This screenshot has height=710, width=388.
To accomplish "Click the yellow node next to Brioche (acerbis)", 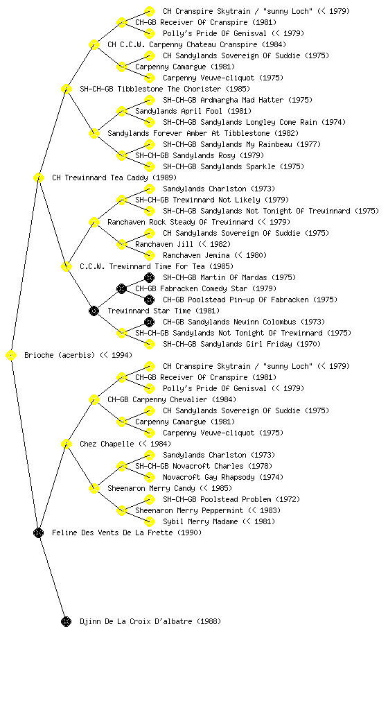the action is (11, 356).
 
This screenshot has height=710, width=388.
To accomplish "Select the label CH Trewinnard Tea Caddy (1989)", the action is (114, 177).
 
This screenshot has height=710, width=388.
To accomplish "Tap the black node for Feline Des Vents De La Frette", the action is (38, 533).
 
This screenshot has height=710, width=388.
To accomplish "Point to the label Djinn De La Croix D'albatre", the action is (150, 621).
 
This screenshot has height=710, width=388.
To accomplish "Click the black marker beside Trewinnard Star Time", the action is (94, 311).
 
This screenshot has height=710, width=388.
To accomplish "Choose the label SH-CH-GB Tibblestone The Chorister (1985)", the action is (165, 89).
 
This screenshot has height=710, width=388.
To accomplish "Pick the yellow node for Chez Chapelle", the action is (66, 444).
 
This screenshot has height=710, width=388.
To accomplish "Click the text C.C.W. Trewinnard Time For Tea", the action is (157, 266).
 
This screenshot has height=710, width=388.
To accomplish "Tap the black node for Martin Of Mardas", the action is (149, 277).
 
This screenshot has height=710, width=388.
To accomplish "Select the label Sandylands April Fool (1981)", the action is (193, 111).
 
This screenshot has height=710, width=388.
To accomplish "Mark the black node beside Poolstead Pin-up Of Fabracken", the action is (149, 300).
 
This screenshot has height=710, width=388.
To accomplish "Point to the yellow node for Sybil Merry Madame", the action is (149, 521).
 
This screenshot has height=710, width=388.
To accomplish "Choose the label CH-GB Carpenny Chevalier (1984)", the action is (172, 399).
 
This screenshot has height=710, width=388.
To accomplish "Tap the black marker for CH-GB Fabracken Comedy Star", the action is (121, 288).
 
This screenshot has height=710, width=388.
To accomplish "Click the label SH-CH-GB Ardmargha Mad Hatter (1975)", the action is (238, 100).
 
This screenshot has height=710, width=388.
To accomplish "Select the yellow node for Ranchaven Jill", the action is (121, 244).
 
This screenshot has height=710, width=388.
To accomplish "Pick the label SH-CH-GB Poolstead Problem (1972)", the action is (231, 499).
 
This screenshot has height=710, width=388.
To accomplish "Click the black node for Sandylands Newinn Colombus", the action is (149, 322).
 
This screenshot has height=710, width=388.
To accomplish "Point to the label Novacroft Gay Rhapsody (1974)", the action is (223, 477).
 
